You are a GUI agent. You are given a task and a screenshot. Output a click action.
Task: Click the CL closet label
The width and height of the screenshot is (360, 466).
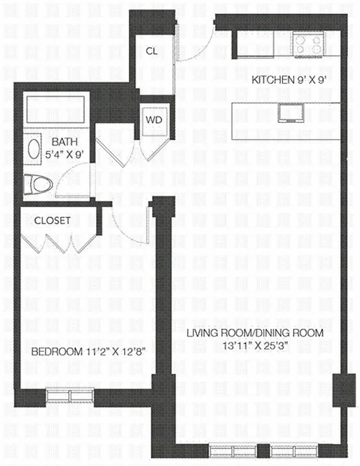(152, 51)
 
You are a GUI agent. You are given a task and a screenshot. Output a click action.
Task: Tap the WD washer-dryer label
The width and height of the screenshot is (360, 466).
(153, 119)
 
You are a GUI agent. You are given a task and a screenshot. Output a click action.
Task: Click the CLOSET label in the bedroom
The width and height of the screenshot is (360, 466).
(52, 221)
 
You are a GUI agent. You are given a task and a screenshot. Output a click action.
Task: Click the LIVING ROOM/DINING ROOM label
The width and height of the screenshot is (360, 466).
(255, 333)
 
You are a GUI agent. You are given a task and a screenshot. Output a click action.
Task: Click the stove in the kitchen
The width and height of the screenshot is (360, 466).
(308, 44)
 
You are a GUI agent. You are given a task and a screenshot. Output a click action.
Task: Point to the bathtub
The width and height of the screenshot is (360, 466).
(56, 110)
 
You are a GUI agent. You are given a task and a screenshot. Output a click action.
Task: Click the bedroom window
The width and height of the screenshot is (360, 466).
(70, 395)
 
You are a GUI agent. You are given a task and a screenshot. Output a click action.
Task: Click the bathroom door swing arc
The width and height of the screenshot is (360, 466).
(76, 178)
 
